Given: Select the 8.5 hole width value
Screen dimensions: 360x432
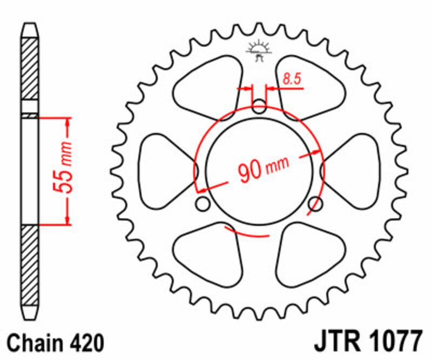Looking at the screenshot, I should click(x=291, y=79).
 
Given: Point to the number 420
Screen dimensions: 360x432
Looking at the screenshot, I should click(x=85, y=343).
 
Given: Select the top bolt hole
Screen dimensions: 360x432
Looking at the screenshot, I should click(x=260, y=106).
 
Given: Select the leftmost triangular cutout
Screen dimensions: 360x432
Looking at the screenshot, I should click(x=165, y=170).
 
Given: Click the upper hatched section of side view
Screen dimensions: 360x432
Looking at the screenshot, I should click(x=30, y=68).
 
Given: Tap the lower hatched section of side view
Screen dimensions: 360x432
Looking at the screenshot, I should click(x=30, y=265).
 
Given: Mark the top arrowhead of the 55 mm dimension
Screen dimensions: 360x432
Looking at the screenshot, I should click(x=67, y=122).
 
